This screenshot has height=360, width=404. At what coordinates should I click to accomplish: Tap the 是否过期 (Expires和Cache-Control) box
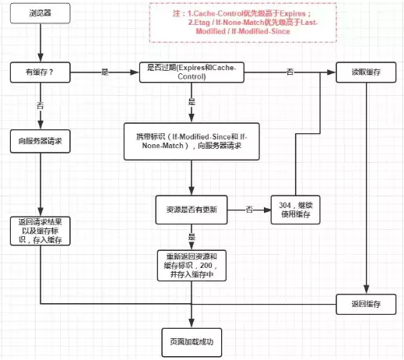pos(191,72)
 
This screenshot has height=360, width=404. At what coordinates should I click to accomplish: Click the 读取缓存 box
pos(367,72)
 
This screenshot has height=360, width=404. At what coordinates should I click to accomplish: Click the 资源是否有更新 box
pos(191,209)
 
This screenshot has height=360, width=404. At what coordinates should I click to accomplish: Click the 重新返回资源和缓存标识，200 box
pos(191,265)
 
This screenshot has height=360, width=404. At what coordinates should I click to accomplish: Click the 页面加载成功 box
pos(191,341)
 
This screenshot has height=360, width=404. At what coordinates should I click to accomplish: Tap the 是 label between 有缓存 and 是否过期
pos(104,72)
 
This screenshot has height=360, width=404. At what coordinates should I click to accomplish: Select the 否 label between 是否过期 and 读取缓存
pos(290,72)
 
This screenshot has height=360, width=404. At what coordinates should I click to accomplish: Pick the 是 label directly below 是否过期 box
pos(191,102)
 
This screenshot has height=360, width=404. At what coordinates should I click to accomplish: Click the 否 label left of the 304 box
pos(248,209)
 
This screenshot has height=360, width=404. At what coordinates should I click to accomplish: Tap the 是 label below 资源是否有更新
pos(191,235)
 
